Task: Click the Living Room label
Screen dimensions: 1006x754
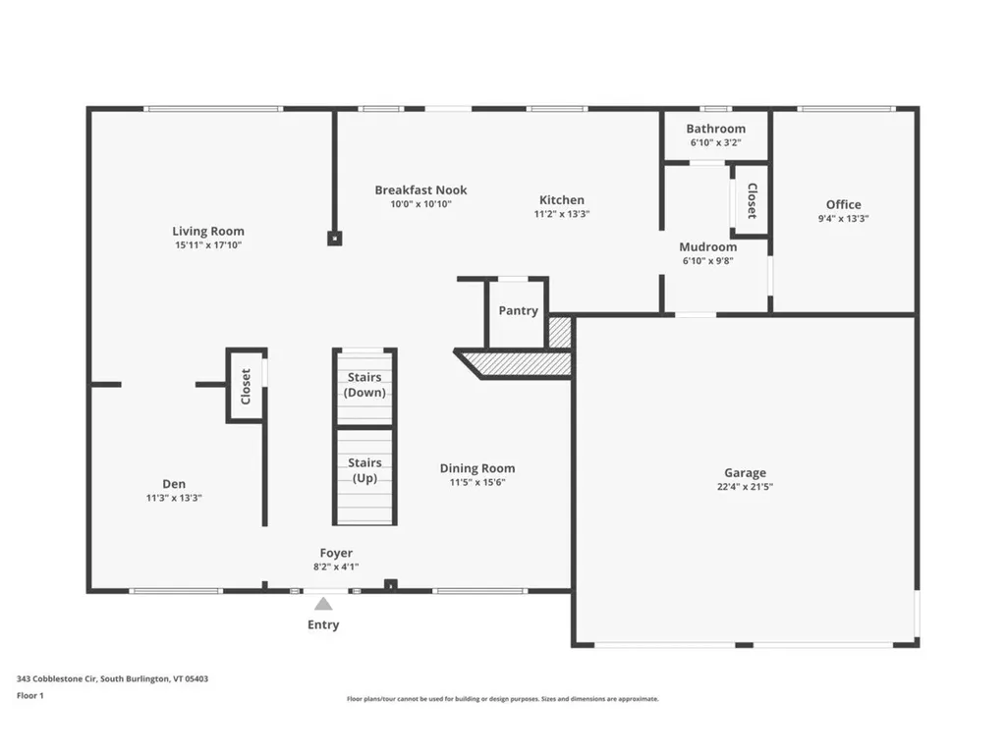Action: pos(208,231)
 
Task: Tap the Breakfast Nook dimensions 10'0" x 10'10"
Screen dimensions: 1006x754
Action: pos(420,204)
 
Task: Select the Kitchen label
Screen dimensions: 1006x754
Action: pos(561,200)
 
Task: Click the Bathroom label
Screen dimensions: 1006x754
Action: pos(715,129)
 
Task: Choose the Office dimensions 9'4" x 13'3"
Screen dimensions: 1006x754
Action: pos(843,219)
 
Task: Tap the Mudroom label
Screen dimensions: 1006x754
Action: pos(707,247)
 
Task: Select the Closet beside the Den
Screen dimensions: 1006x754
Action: pos(245,386)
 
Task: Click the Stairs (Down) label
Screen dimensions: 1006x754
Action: pos(364,385)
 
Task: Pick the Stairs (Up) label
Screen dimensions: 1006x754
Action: pos(364,470)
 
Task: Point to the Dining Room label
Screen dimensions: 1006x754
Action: pos(476,468)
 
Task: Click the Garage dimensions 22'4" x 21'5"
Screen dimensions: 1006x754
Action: pos(745,487)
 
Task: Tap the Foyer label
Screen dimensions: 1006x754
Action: pos(336,553)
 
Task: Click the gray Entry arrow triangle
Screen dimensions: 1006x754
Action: pos(323,604)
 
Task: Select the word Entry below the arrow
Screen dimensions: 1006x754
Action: pos(323,624)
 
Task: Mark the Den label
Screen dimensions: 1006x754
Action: pos(174,484)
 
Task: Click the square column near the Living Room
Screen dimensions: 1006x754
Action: pos(334,239)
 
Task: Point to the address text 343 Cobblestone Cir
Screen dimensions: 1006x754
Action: pos(57,679)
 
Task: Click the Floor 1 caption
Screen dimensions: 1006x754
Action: pos(30,696)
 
